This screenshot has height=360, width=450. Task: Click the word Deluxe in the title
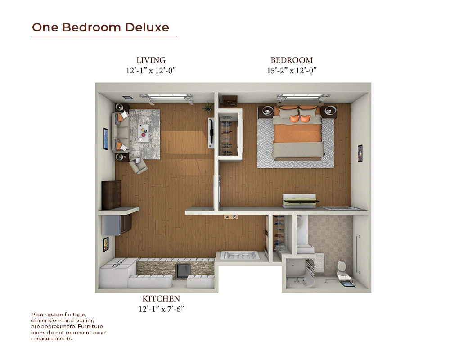coord(147,27)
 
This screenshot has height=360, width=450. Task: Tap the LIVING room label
coord(151,60)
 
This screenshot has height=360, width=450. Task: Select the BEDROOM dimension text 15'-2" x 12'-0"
coord(292,71)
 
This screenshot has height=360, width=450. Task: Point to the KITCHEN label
coord(161,298)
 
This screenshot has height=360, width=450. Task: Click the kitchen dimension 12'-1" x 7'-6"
coord(161,309)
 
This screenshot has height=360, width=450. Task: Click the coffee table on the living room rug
coord(144,133)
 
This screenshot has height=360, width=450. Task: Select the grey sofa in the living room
coord(121,132)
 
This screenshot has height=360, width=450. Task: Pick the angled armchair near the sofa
coord(138,166)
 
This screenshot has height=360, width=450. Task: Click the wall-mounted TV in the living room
coord(211,133)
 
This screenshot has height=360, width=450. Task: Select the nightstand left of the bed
coord(266,112)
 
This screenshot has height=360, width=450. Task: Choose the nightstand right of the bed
coord(329,112)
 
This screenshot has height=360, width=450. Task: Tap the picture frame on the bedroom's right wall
coord(360,153)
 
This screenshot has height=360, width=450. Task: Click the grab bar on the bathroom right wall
coord(358,254)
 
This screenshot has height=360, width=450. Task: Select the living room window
coord(166,97)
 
